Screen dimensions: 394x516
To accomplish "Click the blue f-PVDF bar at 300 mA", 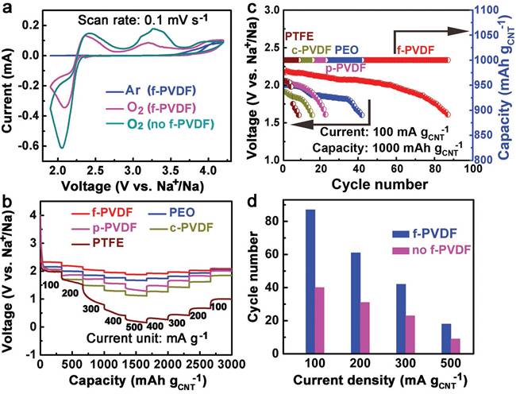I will coord(399,322).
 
